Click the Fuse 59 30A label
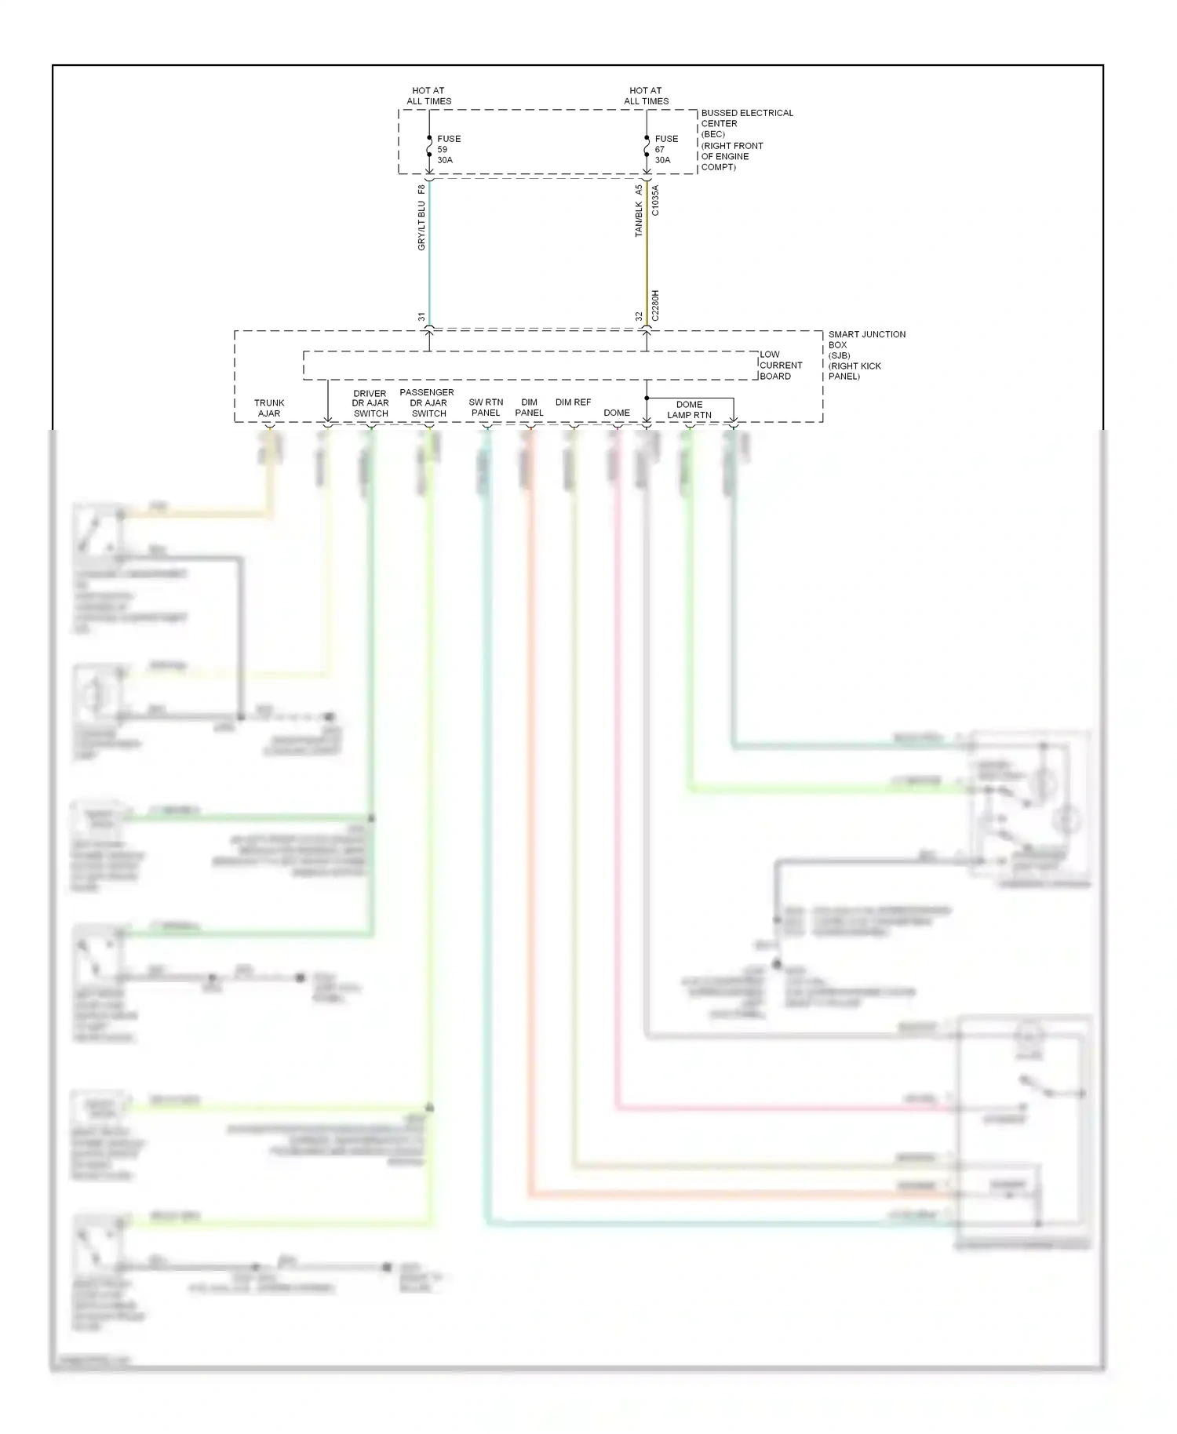click(x=449, y=149)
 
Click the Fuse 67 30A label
click(x=666, y=149)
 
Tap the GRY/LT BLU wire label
click(x=421, y=226)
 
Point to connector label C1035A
click(x=656, y=201)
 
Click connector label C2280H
click(x=656, y=306)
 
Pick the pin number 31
click(x=421, y=317)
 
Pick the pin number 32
click(x=639, y=317)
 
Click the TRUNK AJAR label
click(x=269, y=408)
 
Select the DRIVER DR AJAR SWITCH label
click(x=370, y=403)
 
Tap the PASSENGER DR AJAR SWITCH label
click(x=427, y=402)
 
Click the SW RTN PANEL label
click(x=486, y=407)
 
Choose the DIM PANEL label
click(x=529, y=407)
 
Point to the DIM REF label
click(x=573, y=402)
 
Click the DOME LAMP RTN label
click(x=689, y=409)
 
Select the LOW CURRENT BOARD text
click(x=780, y=365)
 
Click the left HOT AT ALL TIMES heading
click(x=428, y=96)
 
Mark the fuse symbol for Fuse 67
click(x=647, y=146)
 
